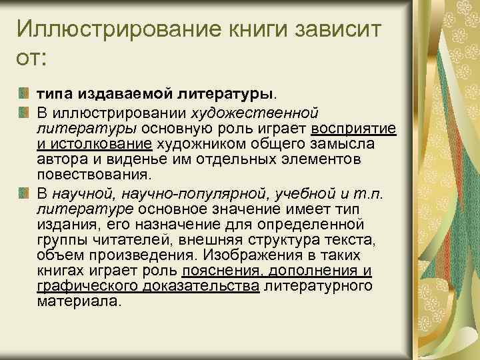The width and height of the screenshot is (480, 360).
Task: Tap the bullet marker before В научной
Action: point(25,193)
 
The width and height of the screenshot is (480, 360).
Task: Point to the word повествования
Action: point(94,175)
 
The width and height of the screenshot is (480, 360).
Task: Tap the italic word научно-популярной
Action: point(202,193)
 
